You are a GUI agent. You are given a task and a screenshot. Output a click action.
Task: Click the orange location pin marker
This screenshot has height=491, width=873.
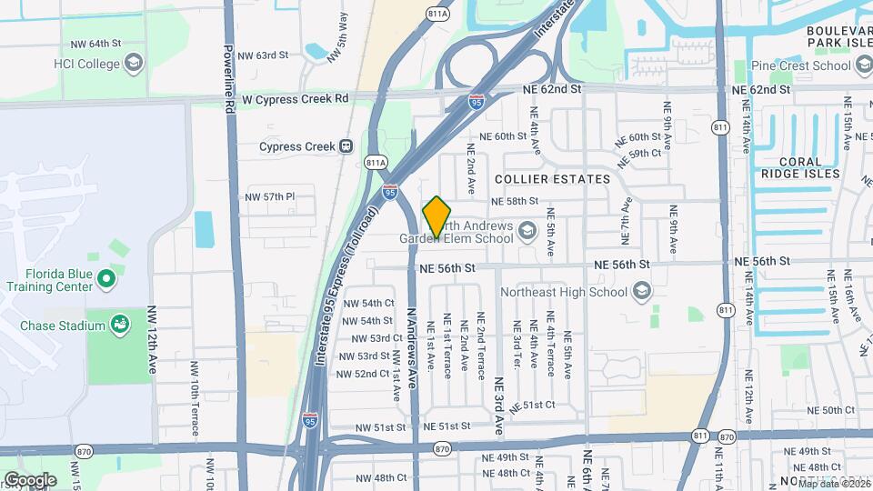pos(436,217)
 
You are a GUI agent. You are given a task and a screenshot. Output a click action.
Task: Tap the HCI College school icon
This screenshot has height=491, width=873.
pos(135,64)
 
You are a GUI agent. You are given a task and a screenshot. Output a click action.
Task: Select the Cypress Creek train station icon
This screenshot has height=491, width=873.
pos(346,146)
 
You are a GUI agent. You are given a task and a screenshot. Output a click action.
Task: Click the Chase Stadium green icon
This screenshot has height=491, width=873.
pos(119,324)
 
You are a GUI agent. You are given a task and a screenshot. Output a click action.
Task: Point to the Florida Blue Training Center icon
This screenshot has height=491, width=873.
pos(106,277)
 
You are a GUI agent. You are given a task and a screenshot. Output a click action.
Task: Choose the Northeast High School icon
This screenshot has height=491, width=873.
pos(642,292)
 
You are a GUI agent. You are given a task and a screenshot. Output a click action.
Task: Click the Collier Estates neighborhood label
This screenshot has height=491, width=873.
pos(552,179)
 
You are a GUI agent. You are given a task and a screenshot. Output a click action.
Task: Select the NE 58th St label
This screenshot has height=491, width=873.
pos(515,201)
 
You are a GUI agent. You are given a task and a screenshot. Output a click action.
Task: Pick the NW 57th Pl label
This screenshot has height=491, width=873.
pos(271,196)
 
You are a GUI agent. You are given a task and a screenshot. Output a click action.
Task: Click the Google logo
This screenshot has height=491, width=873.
pos(30,479)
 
